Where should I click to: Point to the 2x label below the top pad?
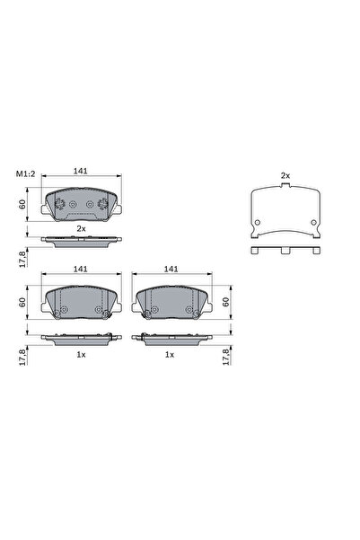pyautogui.click(x=81, y=230)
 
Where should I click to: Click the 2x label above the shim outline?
pyautogui.click(x=285, y=174)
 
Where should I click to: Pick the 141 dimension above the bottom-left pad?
pyautogui.click(x=79, y=268)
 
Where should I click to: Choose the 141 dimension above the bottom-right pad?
pyautogui.click(x=170, y=268)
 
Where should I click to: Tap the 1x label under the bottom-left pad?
pyautogui.click(x=81, y=355)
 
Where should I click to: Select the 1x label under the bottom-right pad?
pyautogui.click(x=169, y=355)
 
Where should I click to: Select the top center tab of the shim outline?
pyautogui.click(x=285, y=190)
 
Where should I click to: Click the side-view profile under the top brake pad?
pyautogui.click(x=81, y=241)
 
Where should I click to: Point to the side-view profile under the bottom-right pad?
pyautogui.click(x=169, y=338)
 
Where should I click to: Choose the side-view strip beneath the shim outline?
pyautogui.click(x=285, y=249)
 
